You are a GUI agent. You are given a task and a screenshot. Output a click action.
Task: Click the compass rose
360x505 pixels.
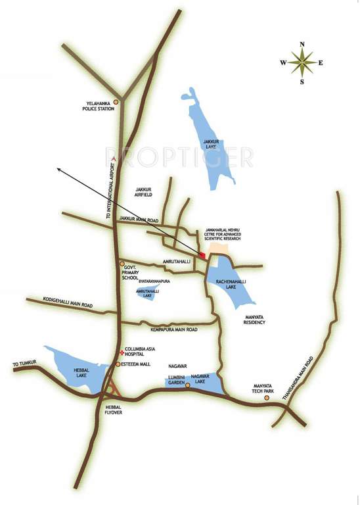pyautogui.click(x=302, y=64)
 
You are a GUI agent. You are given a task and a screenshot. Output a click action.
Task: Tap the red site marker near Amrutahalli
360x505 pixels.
pyautogui.click(x=203, y=255)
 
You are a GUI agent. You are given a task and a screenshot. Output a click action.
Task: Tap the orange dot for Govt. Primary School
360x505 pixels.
pyautogui.click(x=122, y=264)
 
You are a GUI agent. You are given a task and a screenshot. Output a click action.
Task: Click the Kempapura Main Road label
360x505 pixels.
pyautogui.click(x=173, y=329)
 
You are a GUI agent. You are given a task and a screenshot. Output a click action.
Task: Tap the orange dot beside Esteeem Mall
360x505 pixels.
pyautogui.click(x=118, y=364)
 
